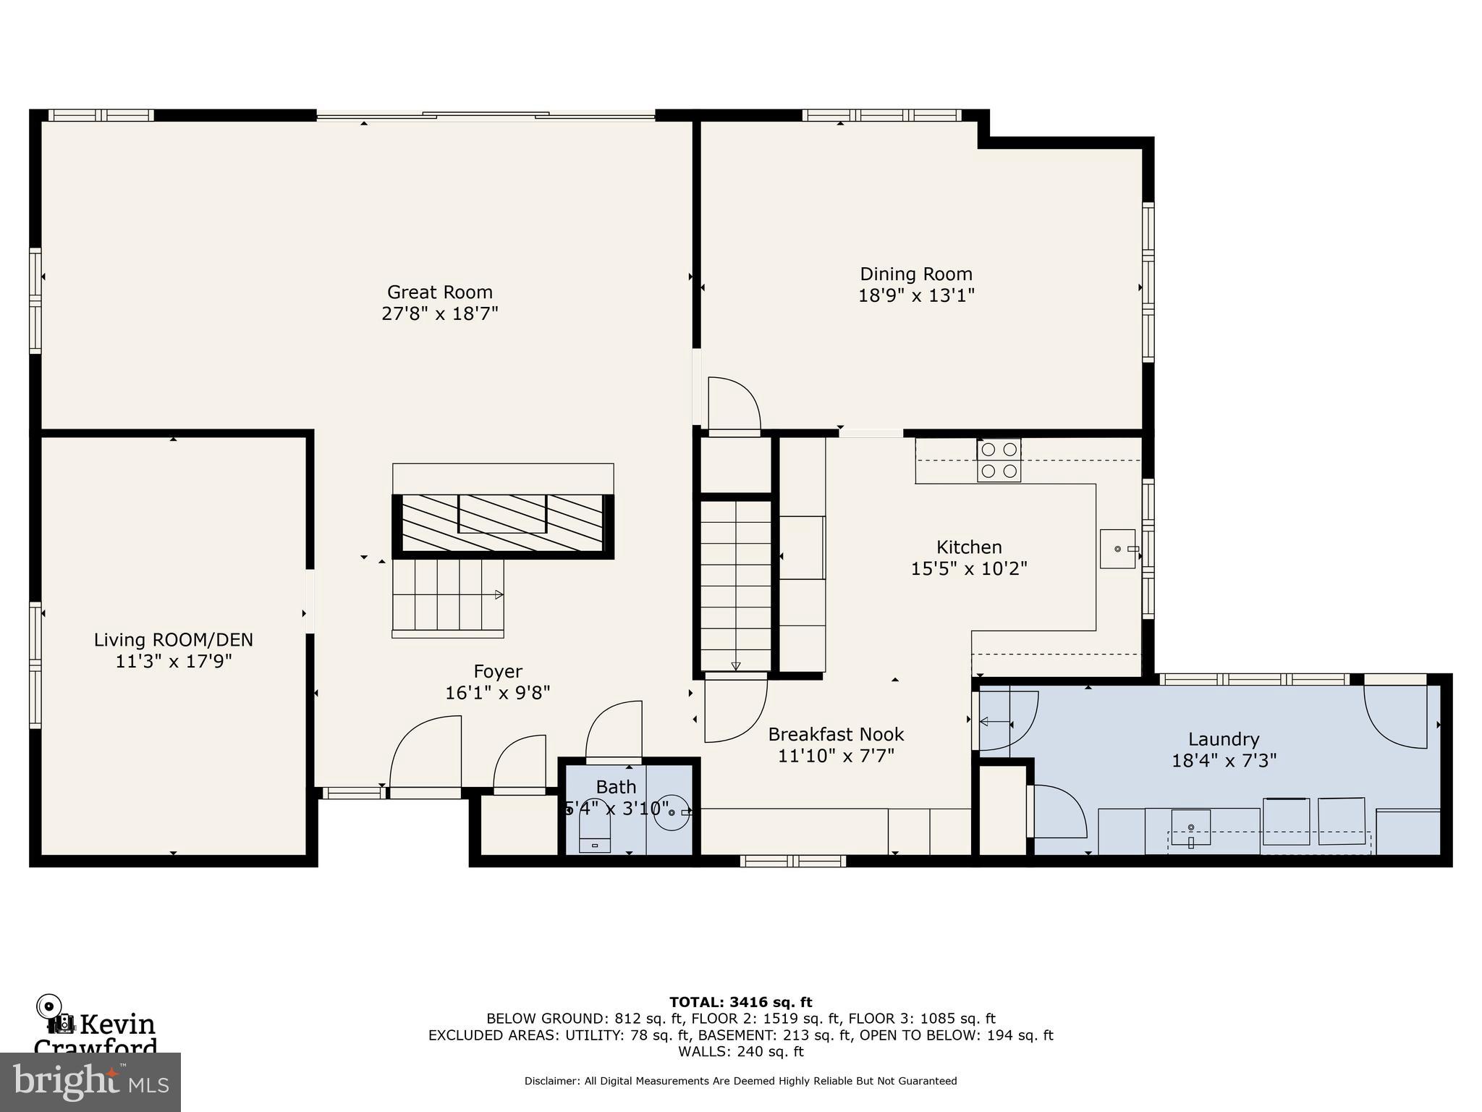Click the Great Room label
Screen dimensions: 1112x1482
tap(439, 292)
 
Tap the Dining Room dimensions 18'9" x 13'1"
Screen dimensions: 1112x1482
tap(916, 296)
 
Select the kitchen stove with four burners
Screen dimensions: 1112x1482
tap(999, 460)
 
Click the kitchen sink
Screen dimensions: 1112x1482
tap(1118, 549)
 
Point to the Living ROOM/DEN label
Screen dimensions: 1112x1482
tap(174, 640)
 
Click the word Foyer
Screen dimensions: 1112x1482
tap(498, 672)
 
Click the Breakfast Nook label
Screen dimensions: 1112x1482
tap(836, 735)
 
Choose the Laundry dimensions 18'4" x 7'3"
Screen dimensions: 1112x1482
tap(1224, 761)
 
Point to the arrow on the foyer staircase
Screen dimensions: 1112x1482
tap(499, 595)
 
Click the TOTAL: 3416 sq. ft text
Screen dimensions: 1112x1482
tap(740, 1003)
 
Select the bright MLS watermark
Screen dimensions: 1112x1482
tap(90, 1082)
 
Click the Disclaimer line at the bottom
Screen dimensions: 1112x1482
tap(740, 1081)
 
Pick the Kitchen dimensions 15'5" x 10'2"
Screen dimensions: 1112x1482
tap(968, 569)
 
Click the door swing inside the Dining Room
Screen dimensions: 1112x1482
tap(734, 405)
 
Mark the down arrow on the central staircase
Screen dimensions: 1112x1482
tap(736, 665)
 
